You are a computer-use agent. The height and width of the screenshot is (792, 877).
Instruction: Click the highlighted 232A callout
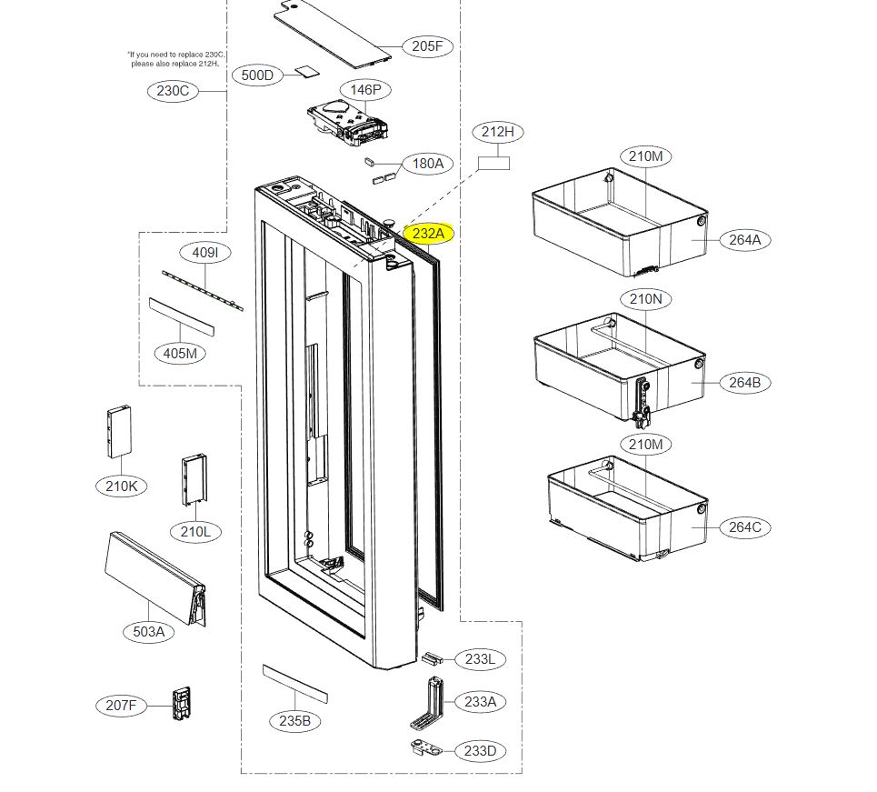[x=428, y=234]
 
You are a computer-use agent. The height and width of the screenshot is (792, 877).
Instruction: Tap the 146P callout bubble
[x=366, y=89]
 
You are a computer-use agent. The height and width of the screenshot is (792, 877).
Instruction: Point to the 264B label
[x=743, y=382]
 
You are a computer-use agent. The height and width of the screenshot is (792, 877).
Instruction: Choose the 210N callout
[x=645, y=298]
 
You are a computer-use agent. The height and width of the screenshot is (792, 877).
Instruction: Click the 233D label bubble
[x=480, y=751]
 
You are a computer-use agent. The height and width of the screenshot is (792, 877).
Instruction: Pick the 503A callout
[x=148, y=631]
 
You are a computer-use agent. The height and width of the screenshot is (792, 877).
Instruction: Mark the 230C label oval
[x=173, y=91]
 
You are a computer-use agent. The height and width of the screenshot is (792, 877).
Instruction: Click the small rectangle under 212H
[x=494, y=163]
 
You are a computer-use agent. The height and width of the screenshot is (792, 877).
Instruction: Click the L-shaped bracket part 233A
[x=431, y=705]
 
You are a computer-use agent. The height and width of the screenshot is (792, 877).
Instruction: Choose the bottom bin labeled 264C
[x=627, y=509]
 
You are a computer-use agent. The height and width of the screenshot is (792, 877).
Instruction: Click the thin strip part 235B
[x=294, y=682]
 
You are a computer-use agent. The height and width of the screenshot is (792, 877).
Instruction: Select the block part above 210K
[x=119, y=432]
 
